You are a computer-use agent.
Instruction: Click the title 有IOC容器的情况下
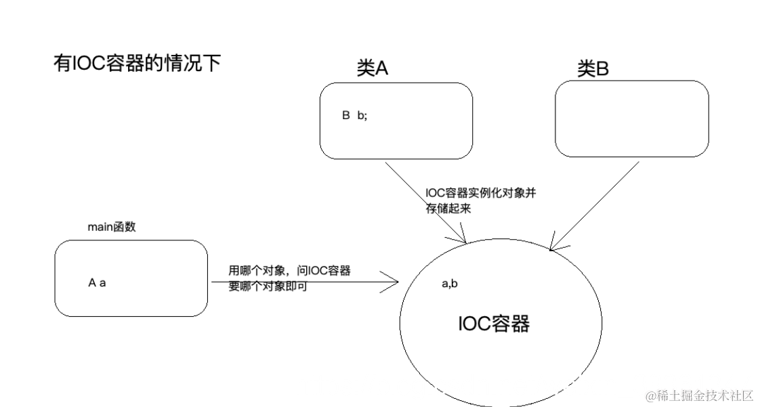point(137,63)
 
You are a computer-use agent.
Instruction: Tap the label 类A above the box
point(372,68)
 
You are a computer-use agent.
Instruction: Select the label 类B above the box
point(592,68)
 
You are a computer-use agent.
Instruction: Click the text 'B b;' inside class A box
point(354,116)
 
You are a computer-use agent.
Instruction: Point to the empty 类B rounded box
point(631,119)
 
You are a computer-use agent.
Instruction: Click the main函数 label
point(112,228)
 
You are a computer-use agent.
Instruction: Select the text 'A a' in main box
point(97,282)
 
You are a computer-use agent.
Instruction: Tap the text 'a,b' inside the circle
point(450,284)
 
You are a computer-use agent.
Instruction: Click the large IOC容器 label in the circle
point(493,324)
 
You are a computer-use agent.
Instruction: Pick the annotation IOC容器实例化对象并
point(481,194)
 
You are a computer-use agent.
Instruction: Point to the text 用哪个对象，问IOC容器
point(289,270)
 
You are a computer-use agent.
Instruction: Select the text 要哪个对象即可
point(268,286)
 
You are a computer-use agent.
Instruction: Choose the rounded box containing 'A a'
point(131,278)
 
